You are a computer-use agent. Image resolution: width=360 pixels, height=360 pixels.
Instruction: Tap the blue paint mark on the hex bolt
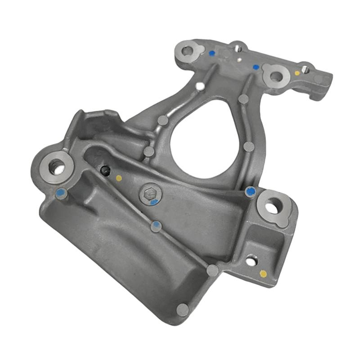tap(154, 202)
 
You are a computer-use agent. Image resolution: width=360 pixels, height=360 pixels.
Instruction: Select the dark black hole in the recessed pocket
tap(105, 171)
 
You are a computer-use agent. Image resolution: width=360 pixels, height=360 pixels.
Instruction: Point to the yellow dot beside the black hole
tap(119, 178)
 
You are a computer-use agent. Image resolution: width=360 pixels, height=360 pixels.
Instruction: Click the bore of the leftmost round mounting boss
tap(56, 167)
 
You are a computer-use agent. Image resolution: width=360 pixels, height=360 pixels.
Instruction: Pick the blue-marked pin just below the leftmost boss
tap(61, 193)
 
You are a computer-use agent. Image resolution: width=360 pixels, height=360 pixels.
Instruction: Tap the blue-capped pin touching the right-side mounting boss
tap(251, 192)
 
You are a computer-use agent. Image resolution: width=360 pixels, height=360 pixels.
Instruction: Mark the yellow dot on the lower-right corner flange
tap(263, 274)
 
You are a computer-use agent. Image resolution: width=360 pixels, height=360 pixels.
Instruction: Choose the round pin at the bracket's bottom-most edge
tap(183, 310)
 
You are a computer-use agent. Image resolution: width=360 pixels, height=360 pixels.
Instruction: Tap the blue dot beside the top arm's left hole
tap(212, 53)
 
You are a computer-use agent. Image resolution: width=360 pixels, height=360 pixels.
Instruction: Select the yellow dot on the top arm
tap(297, 73)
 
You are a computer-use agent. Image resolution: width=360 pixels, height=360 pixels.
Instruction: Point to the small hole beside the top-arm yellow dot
tap(305, 69)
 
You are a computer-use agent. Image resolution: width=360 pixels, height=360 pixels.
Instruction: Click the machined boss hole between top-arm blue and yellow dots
tap(276, 76)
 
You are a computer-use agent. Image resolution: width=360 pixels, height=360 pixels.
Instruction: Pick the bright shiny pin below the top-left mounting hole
tap(200, 85)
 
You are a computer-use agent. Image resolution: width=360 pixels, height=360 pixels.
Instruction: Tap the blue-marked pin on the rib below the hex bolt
tap(156, 226)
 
